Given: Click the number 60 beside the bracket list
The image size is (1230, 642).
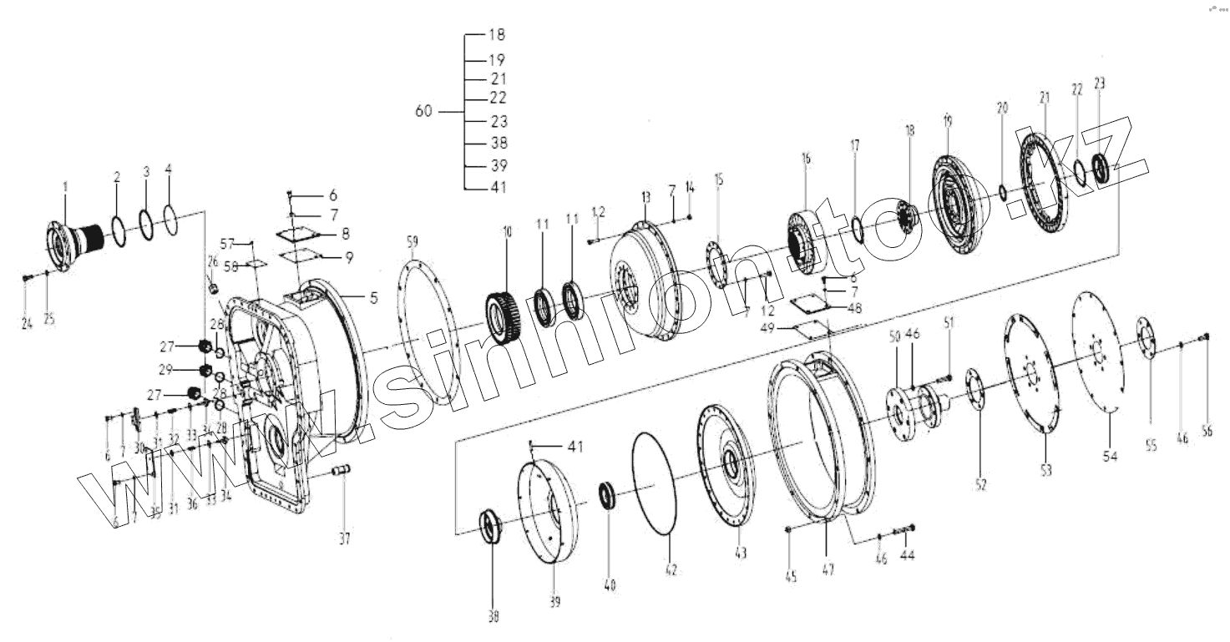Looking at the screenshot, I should click(x=424, y=111).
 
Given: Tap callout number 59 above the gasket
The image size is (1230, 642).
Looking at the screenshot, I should click(x=412, y=243).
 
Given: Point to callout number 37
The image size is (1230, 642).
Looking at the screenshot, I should click(x=345, y=538).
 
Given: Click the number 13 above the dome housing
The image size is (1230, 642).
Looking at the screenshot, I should click(x=645, y=196).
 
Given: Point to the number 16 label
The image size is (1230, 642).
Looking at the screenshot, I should click(x=806, y=158).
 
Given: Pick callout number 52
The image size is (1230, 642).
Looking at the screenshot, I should click(x=981, y=483).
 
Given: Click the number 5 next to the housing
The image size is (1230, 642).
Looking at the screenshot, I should click(x=374, y=296).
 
